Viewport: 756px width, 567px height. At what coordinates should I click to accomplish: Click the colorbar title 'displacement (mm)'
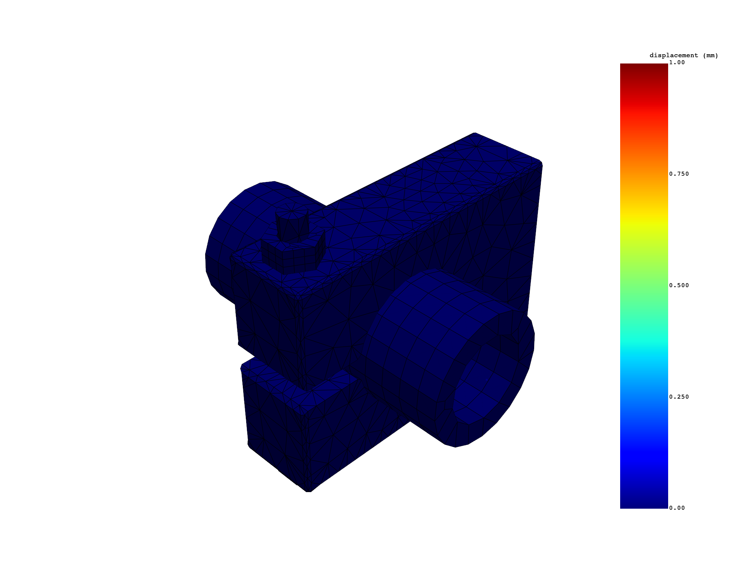(684, 56)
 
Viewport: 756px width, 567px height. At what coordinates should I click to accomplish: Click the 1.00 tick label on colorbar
(677, 62)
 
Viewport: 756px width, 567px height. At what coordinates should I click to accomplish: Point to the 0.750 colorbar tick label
(679, 174)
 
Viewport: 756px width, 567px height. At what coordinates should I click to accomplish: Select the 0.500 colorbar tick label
(679, 285)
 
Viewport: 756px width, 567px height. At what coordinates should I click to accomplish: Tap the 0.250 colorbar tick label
(679, 397)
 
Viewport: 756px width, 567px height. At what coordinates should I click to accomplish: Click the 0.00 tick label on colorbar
(677, 508)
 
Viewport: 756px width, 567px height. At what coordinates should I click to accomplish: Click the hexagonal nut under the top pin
(292, 255)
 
